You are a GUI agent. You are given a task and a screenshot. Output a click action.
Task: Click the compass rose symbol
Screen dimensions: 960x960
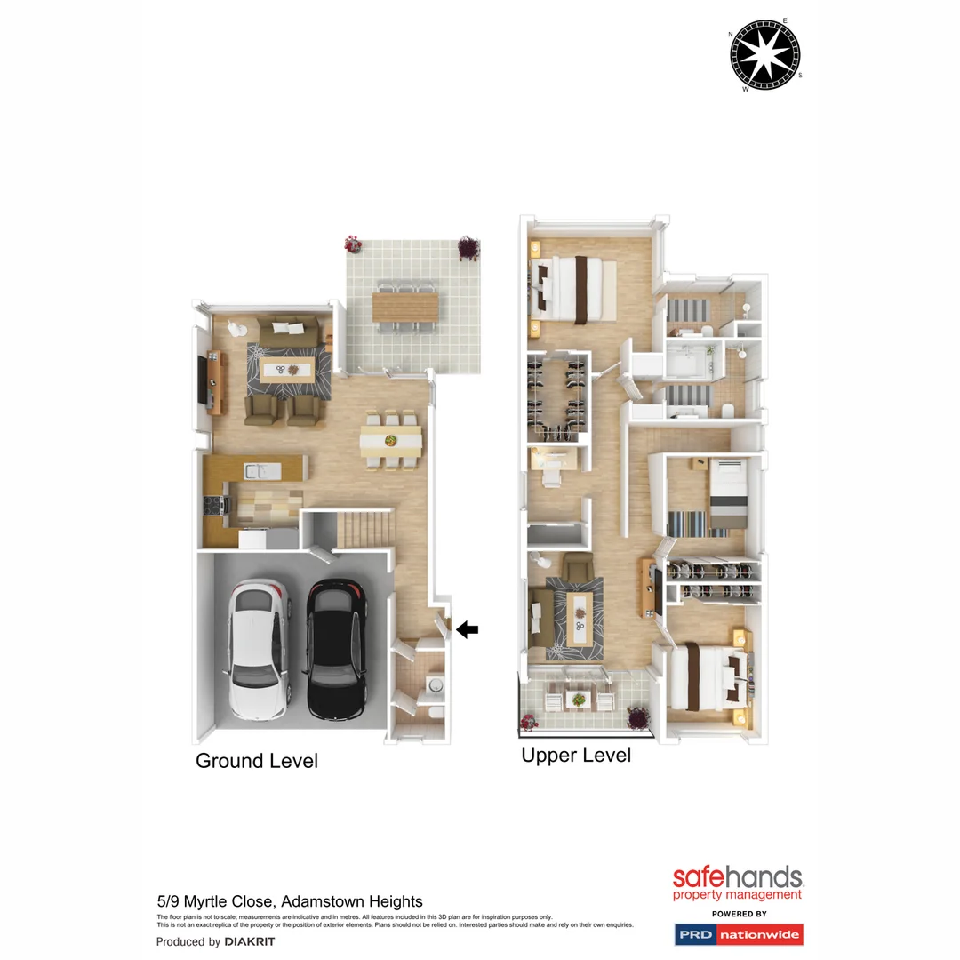(765, 55)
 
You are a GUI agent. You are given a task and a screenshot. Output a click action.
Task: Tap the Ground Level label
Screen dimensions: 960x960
(256, 761)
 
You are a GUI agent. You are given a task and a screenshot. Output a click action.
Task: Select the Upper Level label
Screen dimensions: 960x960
(576, 756)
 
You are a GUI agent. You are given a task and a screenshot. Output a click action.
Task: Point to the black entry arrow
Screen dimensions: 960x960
(468, 629)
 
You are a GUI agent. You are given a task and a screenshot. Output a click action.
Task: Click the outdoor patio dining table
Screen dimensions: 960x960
(405, 308)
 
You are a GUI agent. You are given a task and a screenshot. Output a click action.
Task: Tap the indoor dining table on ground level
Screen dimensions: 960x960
(391, 439)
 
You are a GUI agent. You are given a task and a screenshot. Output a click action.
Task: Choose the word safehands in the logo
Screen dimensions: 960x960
(738, 878)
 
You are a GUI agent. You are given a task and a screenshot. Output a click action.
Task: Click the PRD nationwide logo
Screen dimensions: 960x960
(739, 934)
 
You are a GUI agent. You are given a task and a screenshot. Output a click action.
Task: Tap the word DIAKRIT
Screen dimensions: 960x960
(250, 941)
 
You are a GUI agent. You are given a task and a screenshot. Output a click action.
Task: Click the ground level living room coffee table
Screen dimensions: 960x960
(286, 371)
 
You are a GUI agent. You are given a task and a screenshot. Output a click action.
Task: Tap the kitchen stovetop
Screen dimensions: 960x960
(213, 506)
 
